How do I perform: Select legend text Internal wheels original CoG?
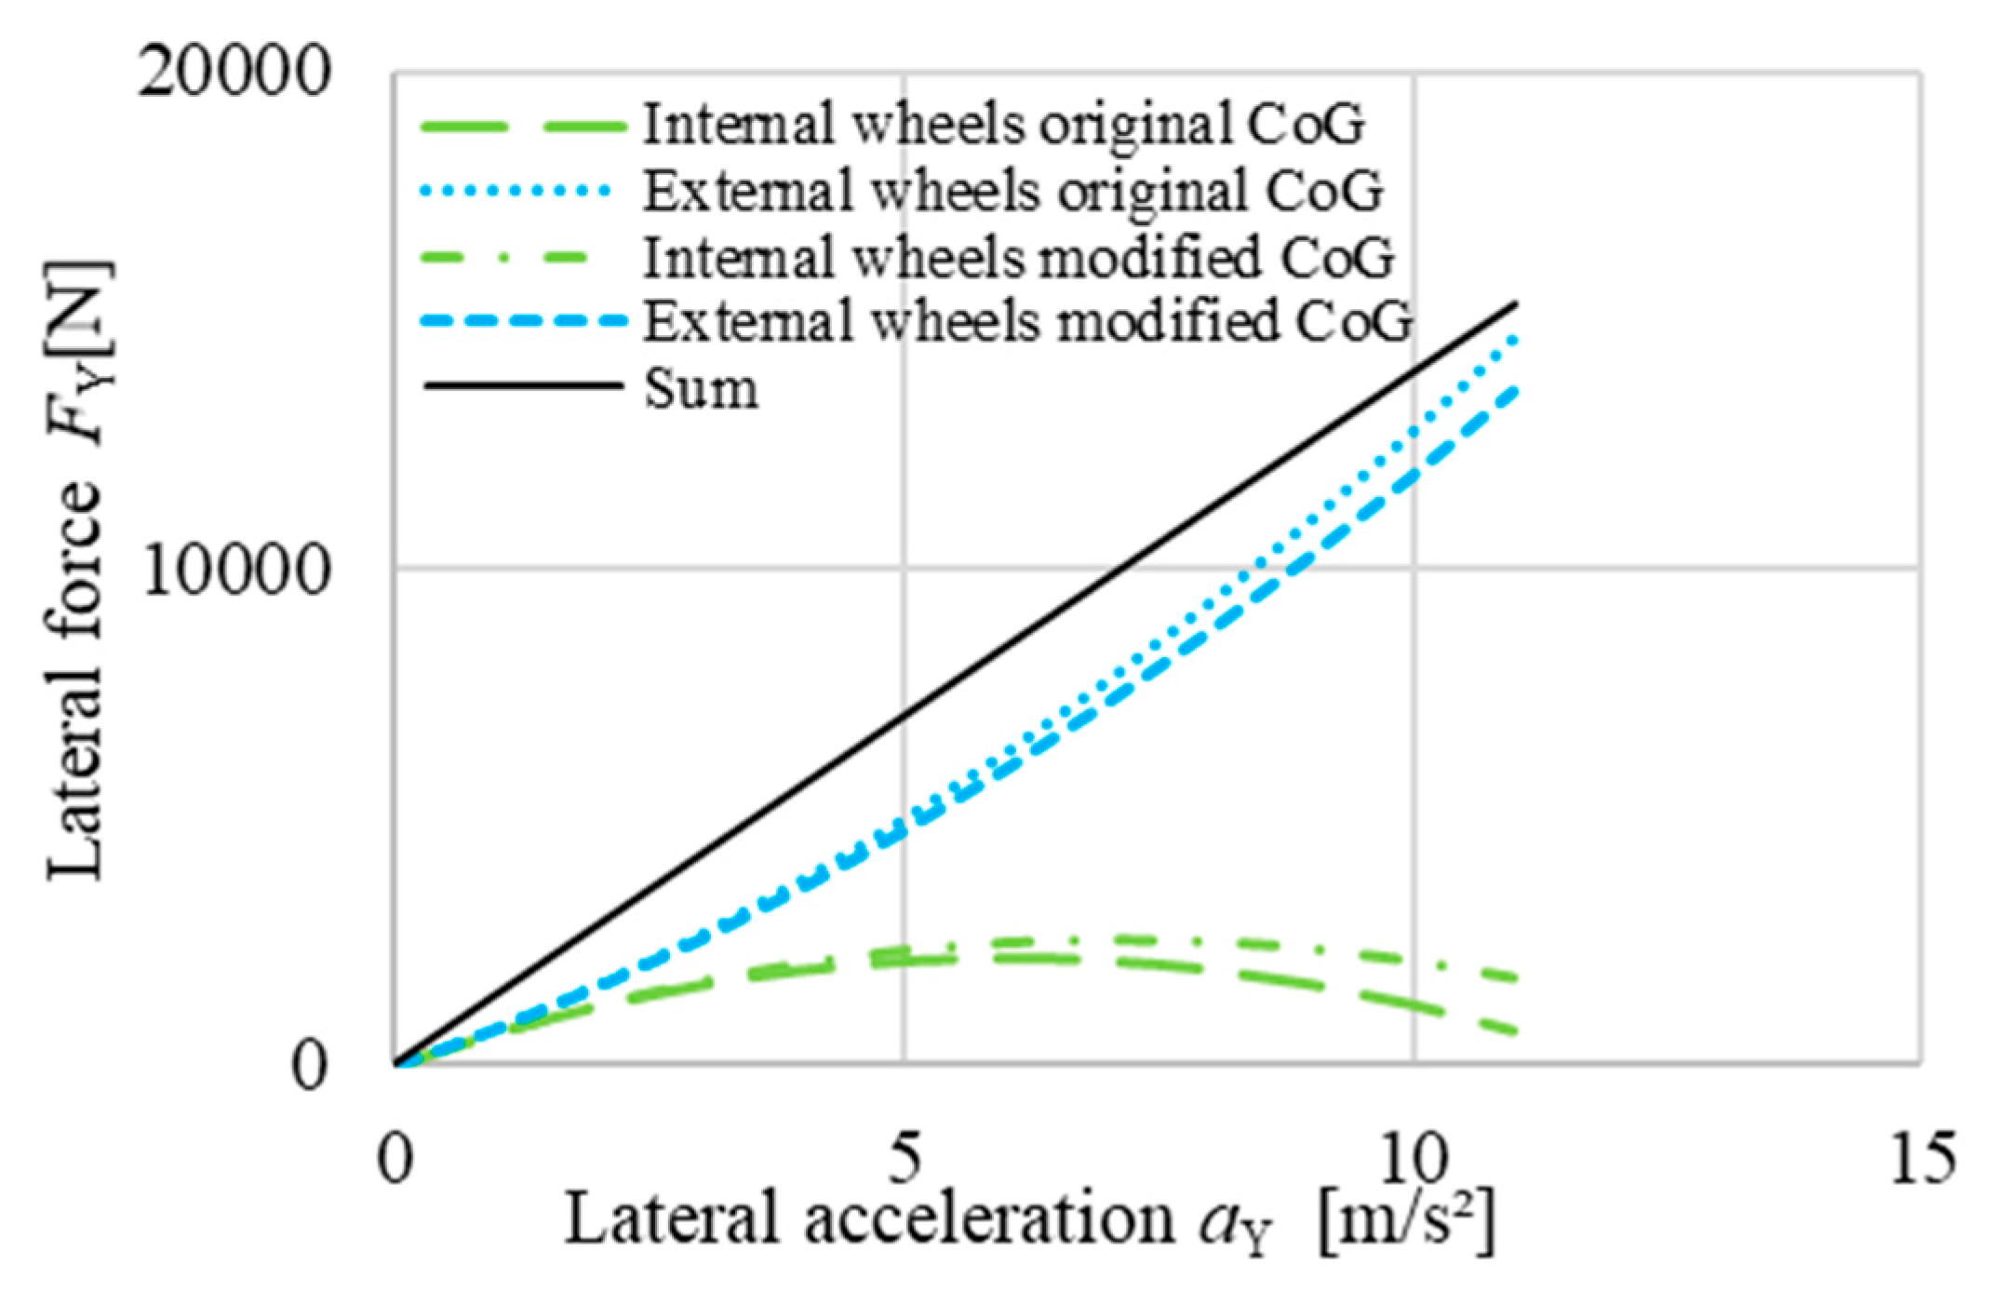click(1004, 125)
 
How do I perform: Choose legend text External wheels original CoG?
click(1013, 191)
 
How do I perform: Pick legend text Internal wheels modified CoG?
click(1020, 257)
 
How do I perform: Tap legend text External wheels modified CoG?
click(1028, 322)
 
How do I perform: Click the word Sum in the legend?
click(701, 388)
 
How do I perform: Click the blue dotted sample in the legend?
click(517, 191)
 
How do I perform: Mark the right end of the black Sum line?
click(1516, 303)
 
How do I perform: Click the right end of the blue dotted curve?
click(1516, 337)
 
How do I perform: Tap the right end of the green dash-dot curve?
click(1516, 979)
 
